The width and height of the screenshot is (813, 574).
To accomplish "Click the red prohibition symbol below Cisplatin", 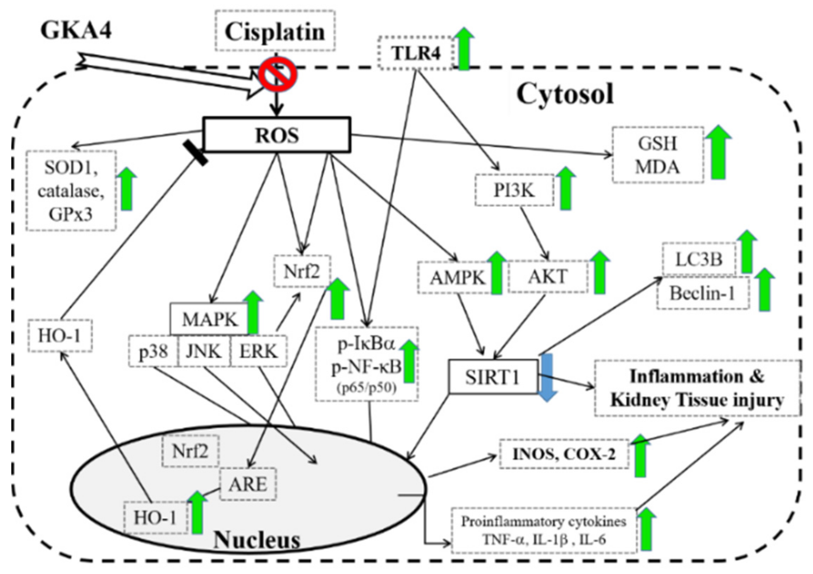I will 277,74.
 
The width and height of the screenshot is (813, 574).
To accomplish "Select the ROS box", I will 277,135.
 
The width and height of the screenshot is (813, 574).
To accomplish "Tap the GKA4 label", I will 76,30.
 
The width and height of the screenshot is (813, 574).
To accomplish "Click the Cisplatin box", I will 275,31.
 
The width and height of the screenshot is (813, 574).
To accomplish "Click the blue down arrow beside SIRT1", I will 547,377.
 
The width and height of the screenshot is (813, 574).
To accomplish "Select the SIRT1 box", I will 493,377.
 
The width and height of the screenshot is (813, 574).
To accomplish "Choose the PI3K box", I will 514,190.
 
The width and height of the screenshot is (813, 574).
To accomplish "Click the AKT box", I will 547,276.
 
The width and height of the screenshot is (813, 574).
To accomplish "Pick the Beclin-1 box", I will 703,293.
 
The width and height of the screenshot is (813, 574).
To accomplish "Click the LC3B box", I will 698,259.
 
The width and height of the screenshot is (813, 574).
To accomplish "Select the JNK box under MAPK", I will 204,351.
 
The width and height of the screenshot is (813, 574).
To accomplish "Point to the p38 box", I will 153,352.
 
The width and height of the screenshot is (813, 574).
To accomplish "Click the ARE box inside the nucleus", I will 247,483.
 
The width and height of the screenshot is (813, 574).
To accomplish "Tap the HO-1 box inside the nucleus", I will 155,517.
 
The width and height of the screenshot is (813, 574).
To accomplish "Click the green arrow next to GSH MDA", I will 718,152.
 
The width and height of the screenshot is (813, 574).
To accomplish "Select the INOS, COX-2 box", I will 564,454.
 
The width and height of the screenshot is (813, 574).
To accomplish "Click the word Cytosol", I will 565,94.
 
